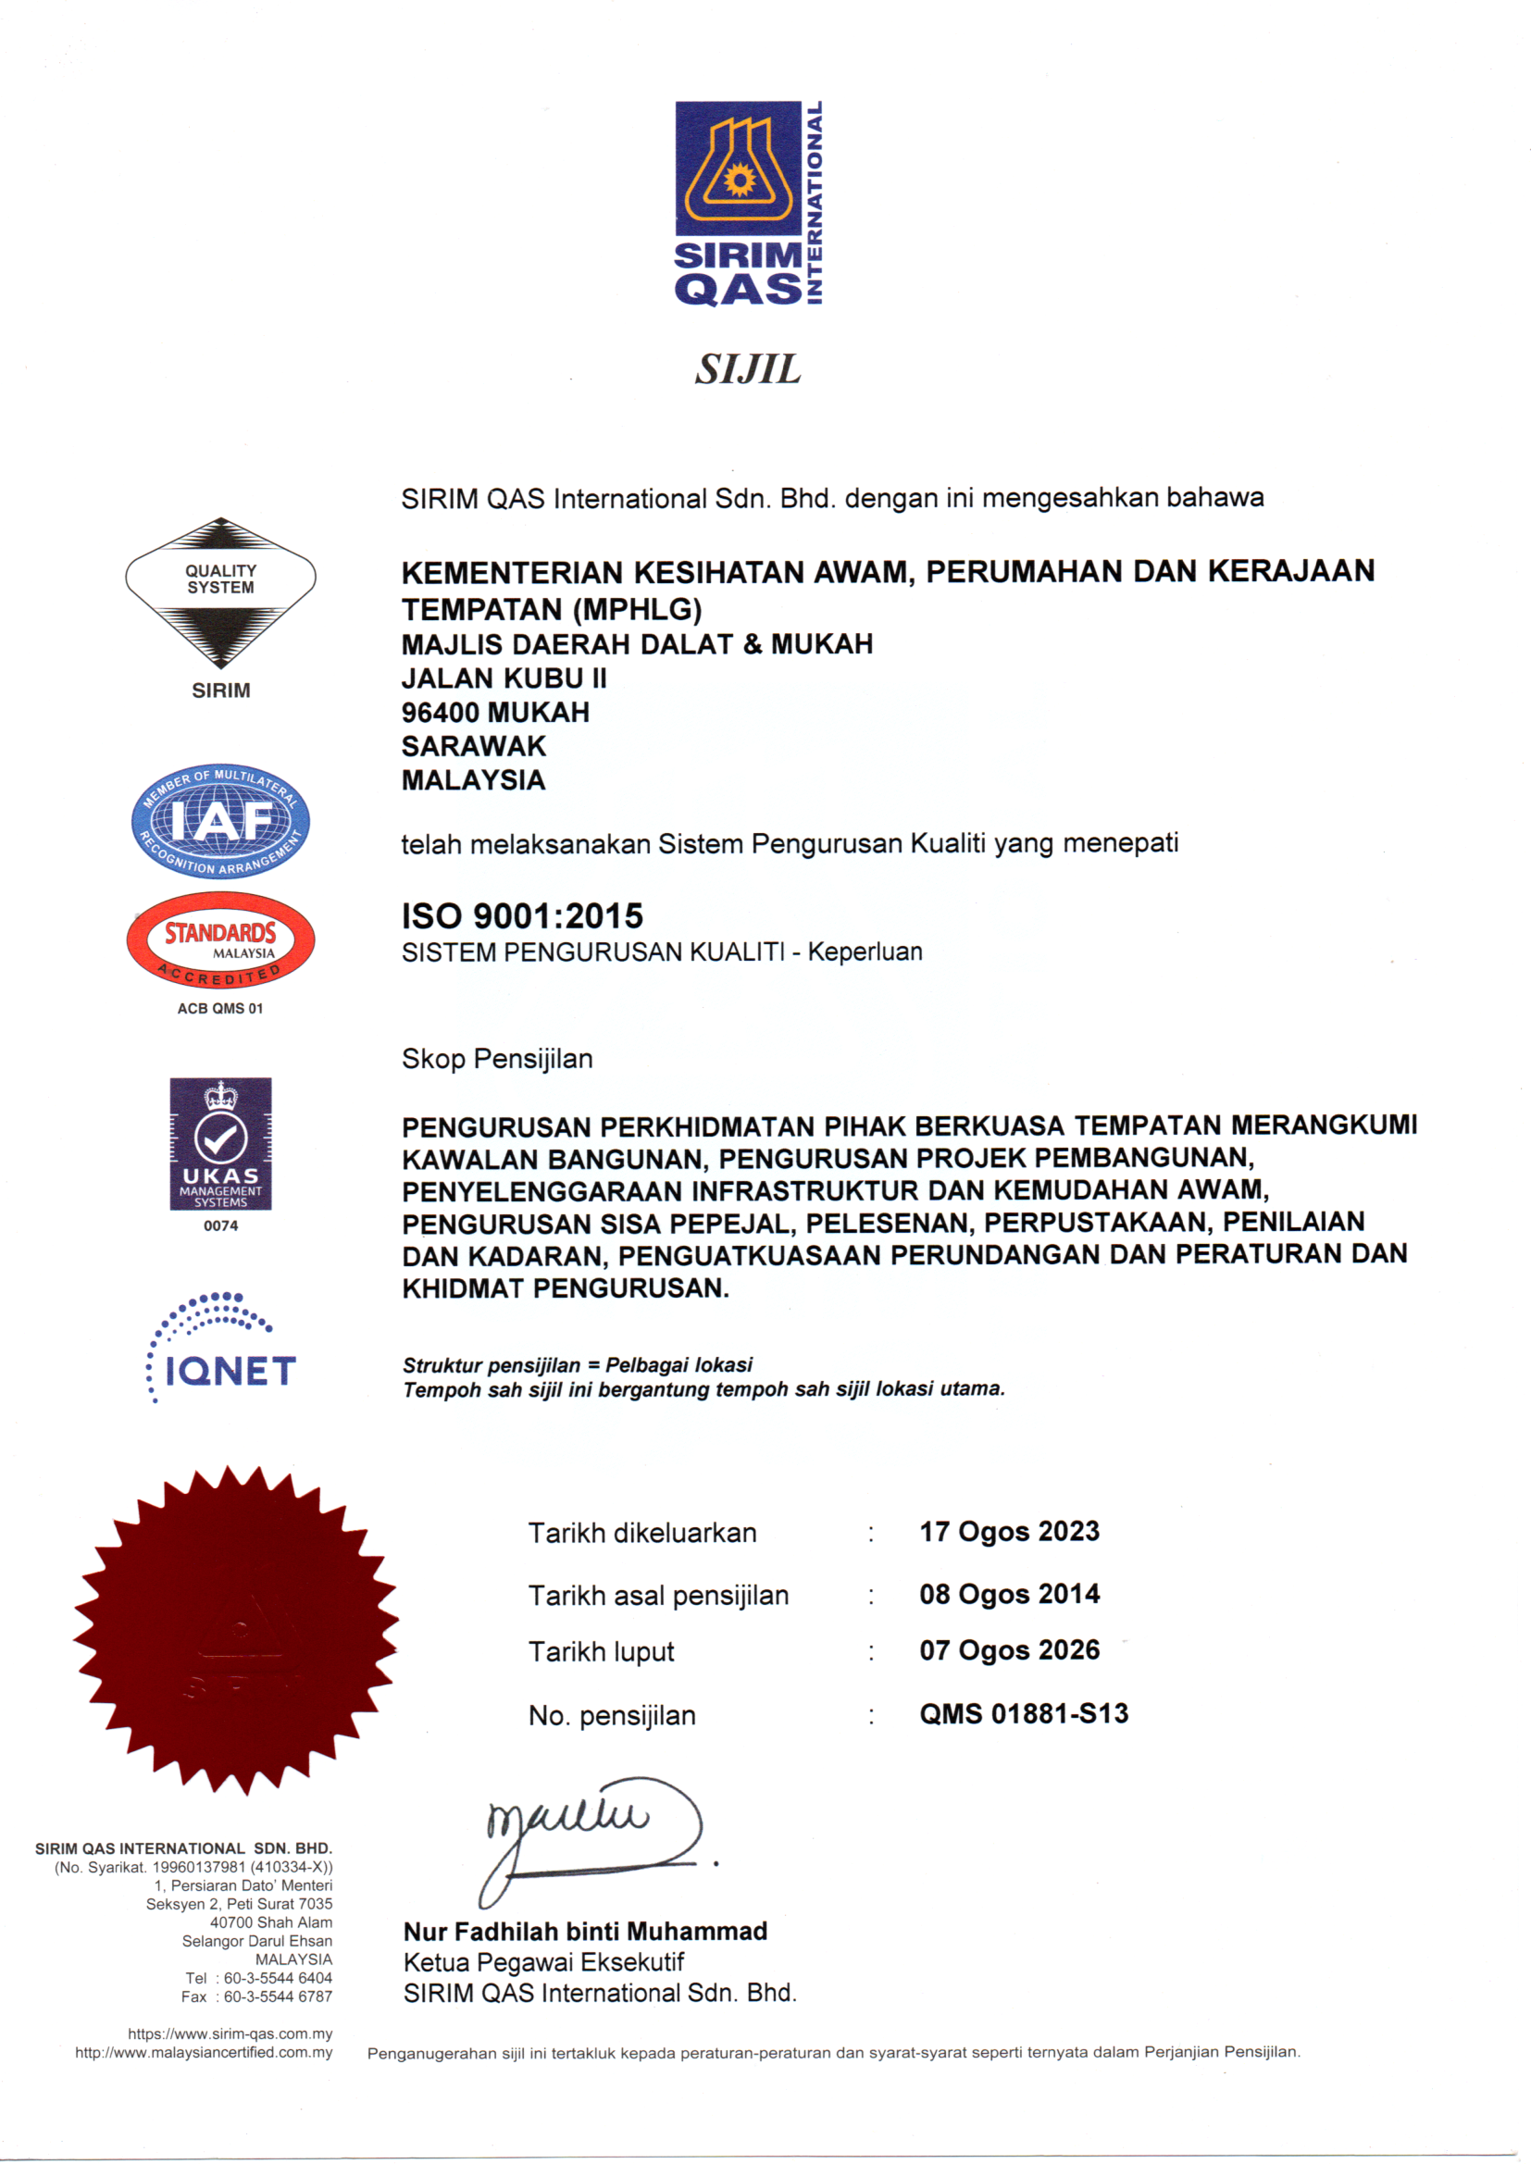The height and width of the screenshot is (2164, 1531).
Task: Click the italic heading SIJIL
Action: (x=748, y=369)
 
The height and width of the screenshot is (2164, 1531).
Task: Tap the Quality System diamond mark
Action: (x=220, y=591)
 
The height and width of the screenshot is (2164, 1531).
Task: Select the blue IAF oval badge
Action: (x=220, y=821)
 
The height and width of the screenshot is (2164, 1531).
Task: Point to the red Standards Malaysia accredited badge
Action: (x=220, y=939)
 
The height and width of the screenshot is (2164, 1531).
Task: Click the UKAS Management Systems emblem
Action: (x=220, y=1143)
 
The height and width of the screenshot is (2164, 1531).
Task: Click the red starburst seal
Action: (x=236, y=1628)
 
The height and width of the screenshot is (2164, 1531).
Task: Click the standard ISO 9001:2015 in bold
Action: (x=522, y=916)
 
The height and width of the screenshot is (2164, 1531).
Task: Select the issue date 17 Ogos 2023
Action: (x=1010, y=1532)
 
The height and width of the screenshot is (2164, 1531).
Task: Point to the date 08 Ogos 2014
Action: (x=1010, y=1594)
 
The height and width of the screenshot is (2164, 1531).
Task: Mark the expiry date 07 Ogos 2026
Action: (x=1010, y=1650)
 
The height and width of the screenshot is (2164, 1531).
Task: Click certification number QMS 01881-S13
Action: (x=1024, y=1713)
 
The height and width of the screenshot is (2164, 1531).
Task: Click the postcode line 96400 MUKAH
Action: (x=495, y=713)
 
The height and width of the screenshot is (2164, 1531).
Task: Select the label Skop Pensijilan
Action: (x=497, y=1059)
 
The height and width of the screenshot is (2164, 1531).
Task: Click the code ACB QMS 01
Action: (x=220, y=1009)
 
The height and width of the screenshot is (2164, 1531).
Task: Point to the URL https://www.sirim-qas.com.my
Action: (x=230, y=2033)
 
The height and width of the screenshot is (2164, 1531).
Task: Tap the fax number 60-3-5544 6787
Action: (x=278, y=1997)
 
